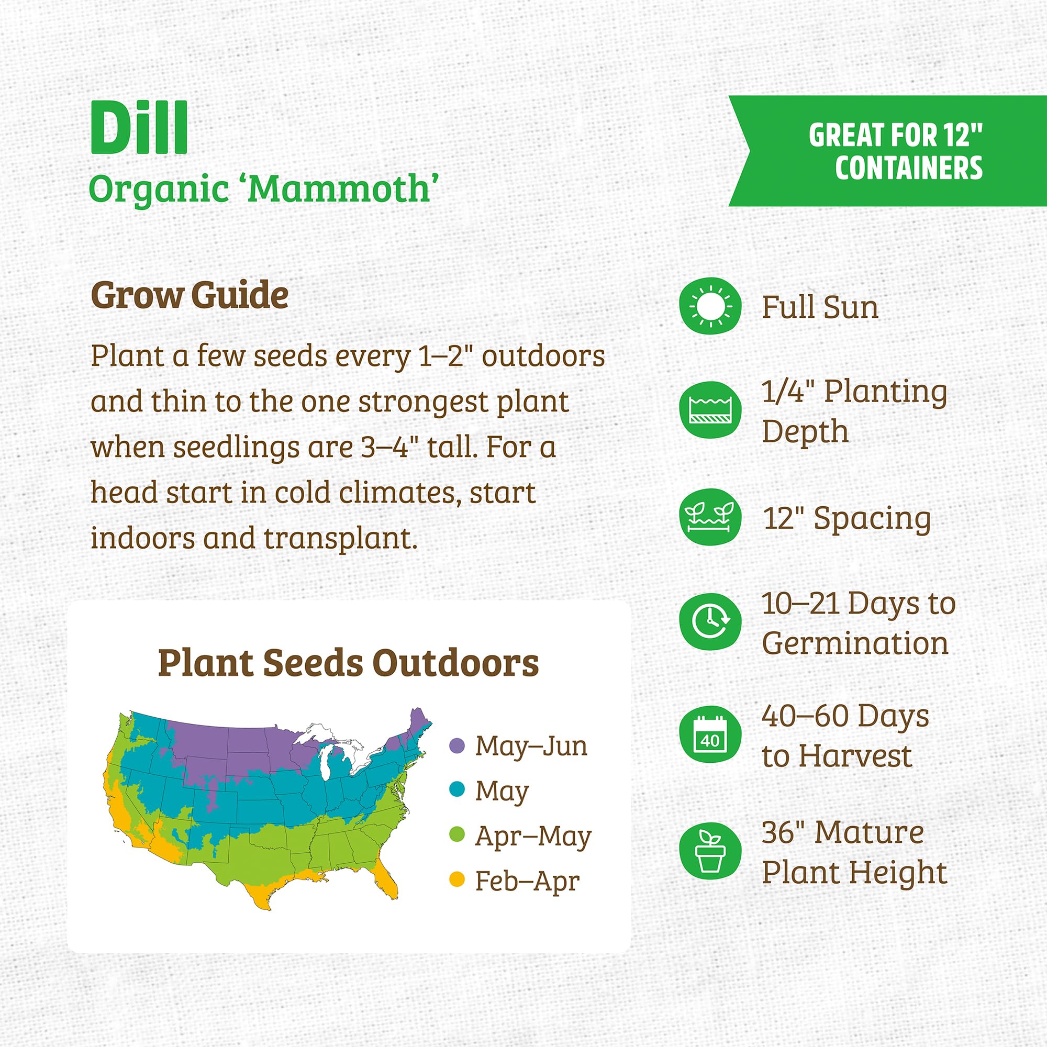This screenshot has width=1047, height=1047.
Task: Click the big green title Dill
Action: point(139,128)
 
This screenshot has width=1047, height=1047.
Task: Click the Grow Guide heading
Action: point(189,295)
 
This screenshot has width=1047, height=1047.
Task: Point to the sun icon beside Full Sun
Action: point(710,306)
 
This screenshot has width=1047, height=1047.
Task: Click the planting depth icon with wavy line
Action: point(710,410)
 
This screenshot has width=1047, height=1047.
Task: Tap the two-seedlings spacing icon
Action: point(710,517)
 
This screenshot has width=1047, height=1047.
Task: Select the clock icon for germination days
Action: point(710,621)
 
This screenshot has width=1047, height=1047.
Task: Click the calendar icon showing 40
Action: point(710,734)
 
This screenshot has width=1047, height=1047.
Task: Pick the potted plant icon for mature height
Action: point(710,851)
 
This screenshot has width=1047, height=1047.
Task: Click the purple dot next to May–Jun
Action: point(458,745)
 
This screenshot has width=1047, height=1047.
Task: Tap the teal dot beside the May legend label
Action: point(458,789)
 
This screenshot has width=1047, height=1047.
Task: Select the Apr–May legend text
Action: point(533,836)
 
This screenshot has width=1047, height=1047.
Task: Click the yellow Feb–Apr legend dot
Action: point(458,879)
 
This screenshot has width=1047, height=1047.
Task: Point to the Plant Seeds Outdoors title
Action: point(349,663)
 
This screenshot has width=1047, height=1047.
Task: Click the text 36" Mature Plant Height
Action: point(854,852)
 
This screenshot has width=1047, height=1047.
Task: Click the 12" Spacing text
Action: point(847,518)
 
